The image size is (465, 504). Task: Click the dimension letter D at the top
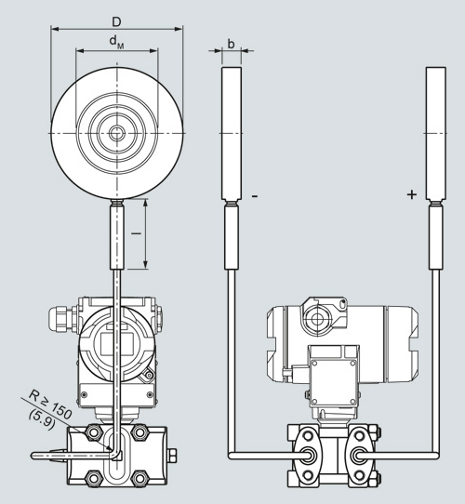(x=116, y=22)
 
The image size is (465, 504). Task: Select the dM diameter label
(x=116, y=42)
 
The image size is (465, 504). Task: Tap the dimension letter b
(x=231, y=44)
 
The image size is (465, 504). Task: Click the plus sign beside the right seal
(x=412, y=194)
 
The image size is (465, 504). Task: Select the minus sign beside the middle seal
(x=255, y=196)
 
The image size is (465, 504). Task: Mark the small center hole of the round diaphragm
(x=116, y=133)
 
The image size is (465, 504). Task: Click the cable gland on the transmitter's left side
(x=62, y=318)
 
